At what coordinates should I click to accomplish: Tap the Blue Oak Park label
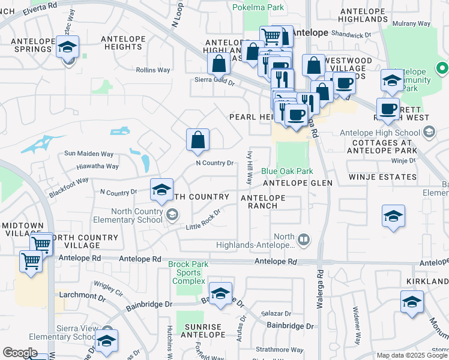(287, 171)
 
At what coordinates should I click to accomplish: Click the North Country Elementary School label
(137, 215)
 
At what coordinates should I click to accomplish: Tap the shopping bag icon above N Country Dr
(197, 141)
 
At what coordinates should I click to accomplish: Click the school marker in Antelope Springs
(68, 47)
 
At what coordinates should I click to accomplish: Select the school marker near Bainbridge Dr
(220, 294)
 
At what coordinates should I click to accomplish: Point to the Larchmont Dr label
(82, 295)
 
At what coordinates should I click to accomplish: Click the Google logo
(20, 353)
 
